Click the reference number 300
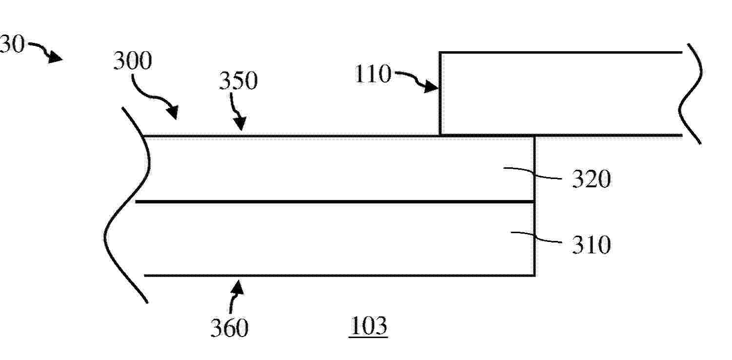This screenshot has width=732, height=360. click(x=132, y=61)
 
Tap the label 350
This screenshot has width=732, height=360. click(x=238, y=80)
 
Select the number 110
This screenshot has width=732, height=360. click(x=373, y=74)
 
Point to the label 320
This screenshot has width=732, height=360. click(x=592, y=179)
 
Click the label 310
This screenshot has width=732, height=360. click(x=591, y=244)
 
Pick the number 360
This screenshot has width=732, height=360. click(x=229, y=328)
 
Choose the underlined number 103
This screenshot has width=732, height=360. click(x=369, y=326)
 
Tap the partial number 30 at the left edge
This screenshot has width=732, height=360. click(x=12, y=44)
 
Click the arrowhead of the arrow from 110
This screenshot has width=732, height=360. click(x=432, y=87)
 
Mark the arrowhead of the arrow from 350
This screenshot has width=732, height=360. click(x=240, y=123)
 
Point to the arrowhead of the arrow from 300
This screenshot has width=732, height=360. click(x=173, y=113)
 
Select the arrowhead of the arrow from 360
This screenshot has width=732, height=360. click(x=237, y=287)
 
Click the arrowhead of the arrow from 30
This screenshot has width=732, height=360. click(x=56, y=58)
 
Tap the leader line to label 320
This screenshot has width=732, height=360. click(x=533, y=174)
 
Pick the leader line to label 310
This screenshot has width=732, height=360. click(x=536, y=237)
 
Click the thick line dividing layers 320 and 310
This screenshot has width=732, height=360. click(x=335, y=202)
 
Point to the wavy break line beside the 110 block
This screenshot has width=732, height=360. click(x=691, y=94)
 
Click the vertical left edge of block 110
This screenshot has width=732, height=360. click(x=440, y=94)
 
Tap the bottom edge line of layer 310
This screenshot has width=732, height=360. click(x=339, y=276)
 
